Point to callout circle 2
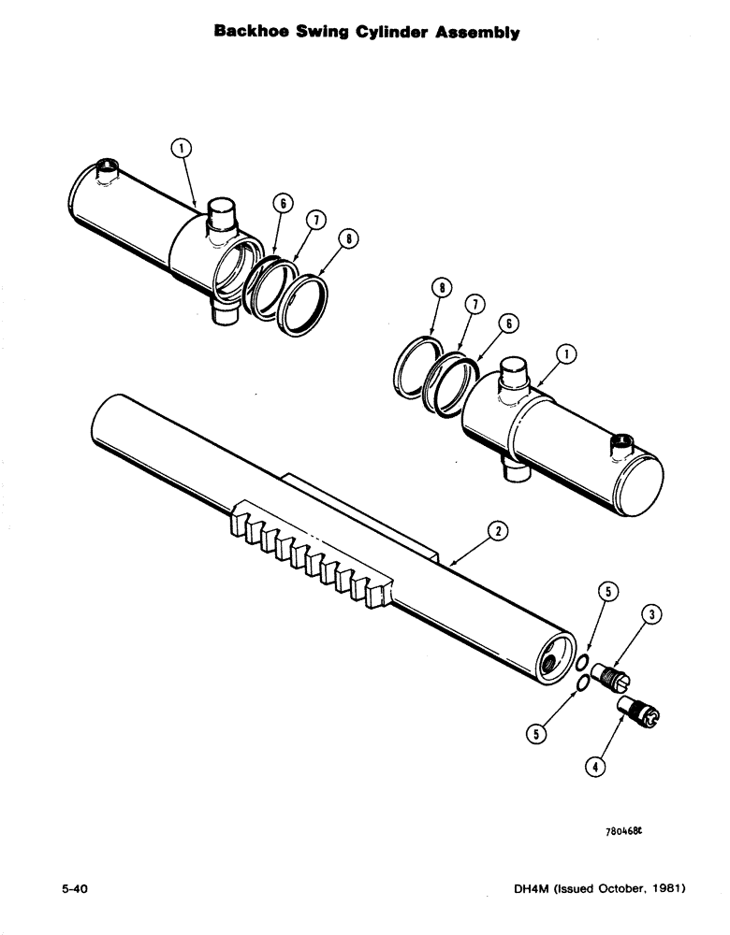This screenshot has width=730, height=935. [x=497, y=531]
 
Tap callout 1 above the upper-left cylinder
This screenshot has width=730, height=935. [x=182, y=147]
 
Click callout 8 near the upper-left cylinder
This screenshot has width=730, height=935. [x=349, y=238]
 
